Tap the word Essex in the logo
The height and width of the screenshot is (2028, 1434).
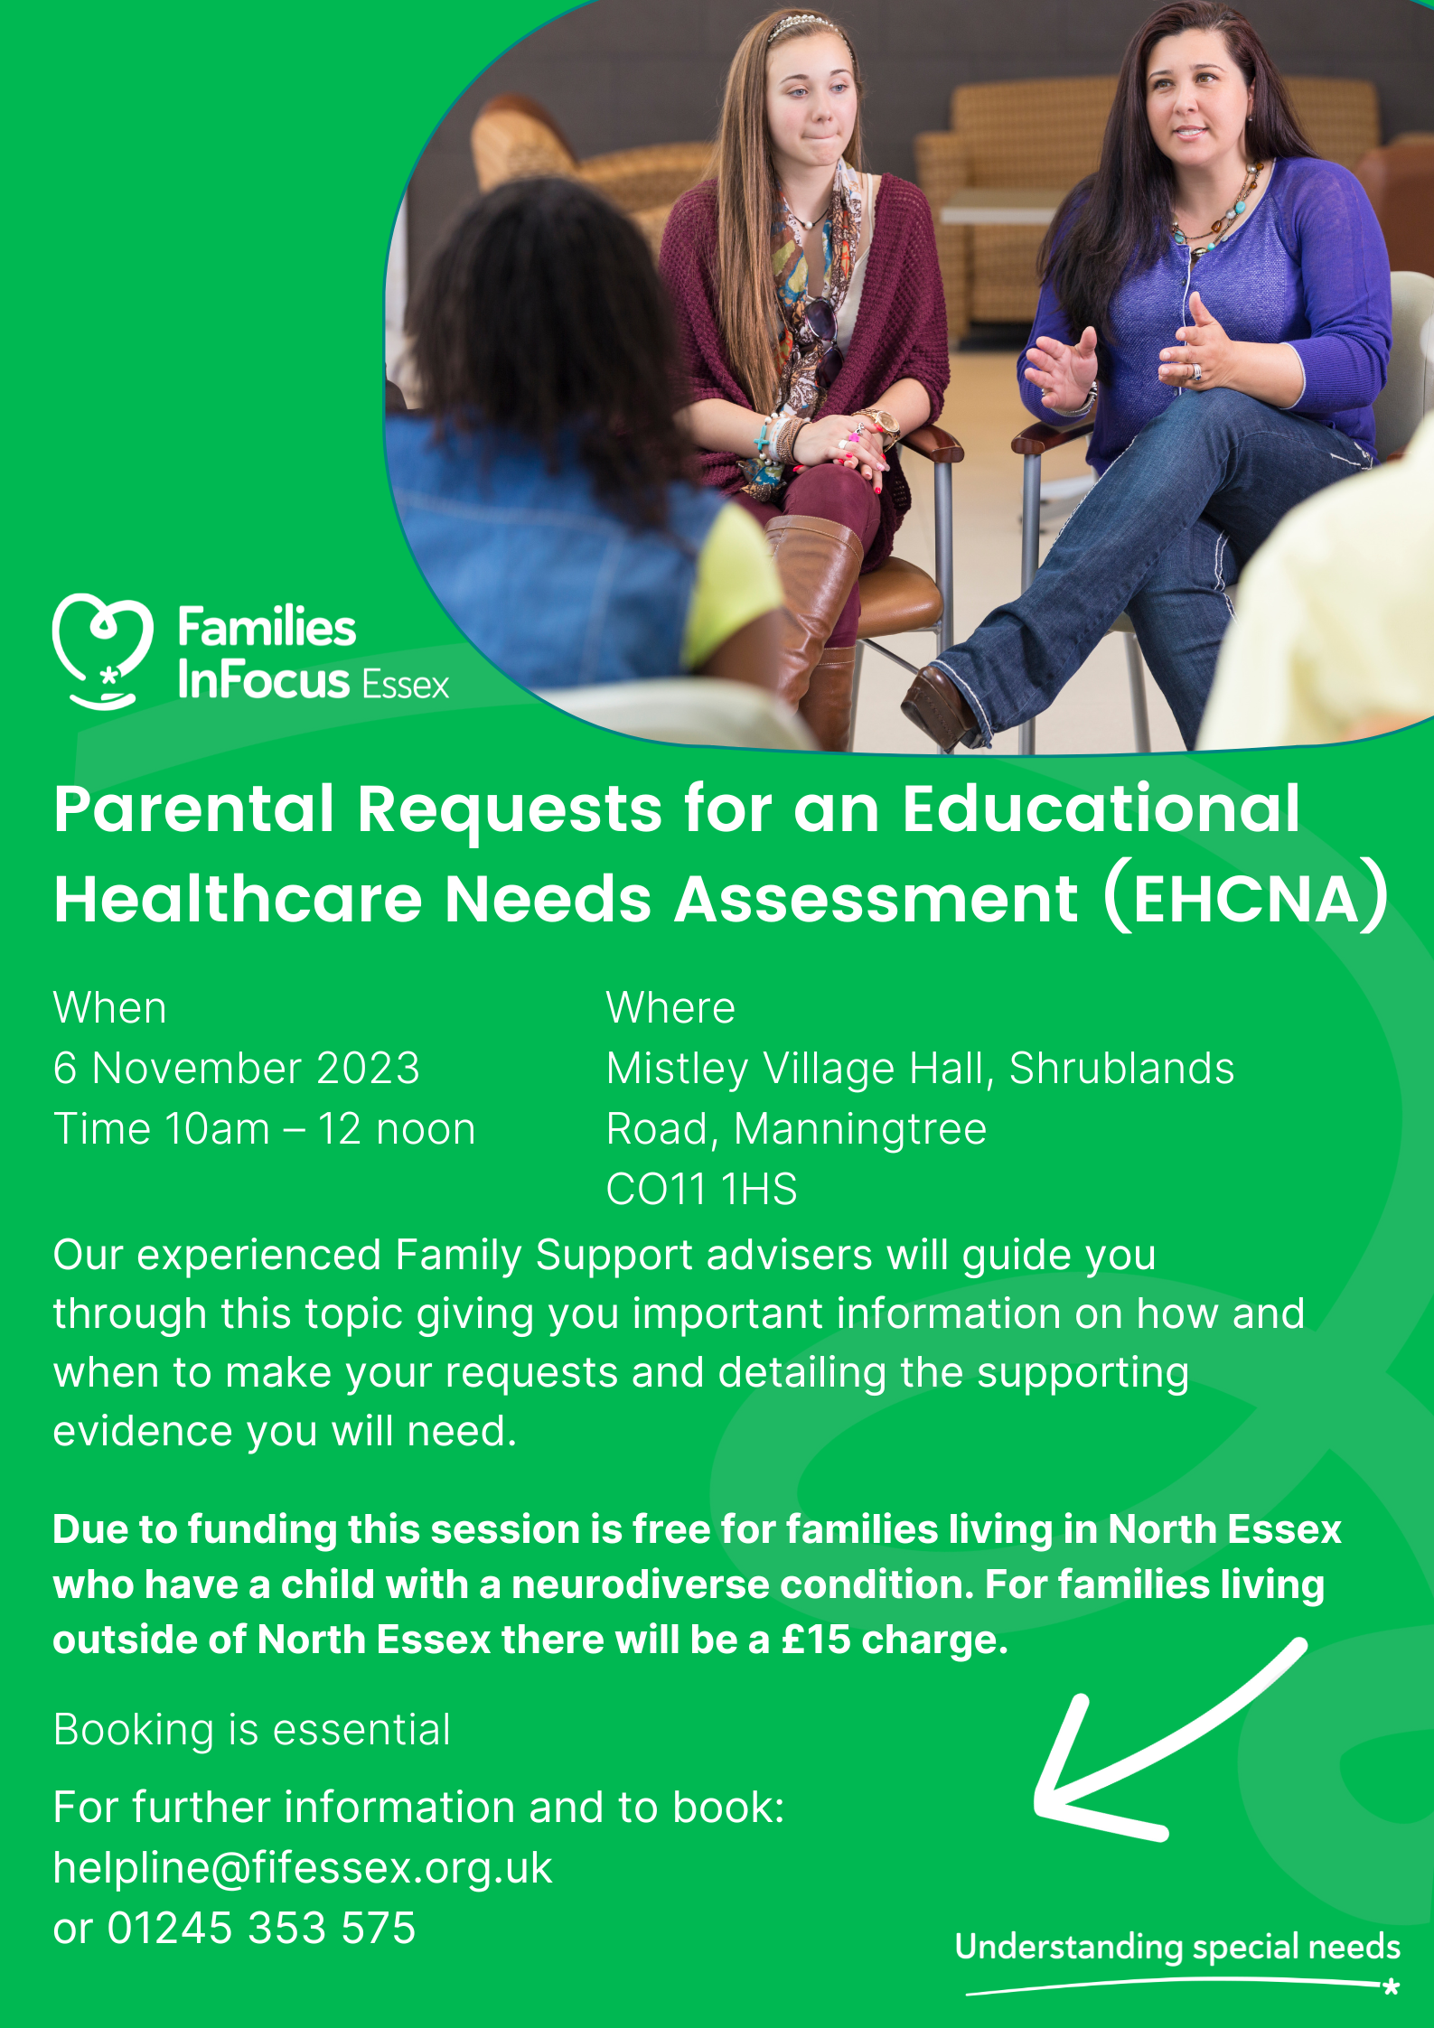pyautogui.click(x=405, y=686)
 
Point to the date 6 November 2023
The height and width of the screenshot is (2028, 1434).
pyautogui.click(x=237, y=1068)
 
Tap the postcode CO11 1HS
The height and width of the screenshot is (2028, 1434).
pyautogui.click(x=702, y=1189)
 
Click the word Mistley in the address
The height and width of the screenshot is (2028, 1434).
pyautogui.click(x=678, y=1070)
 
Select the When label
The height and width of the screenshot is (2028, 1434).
pyautogui.click(x=110, y=1007)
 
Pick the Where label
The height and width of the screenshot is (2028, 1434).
pyautogui.click(x=670, y=1007)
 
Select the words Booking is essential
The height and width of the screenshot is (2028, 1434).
pyautogui.click(x=252, y=1730)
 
